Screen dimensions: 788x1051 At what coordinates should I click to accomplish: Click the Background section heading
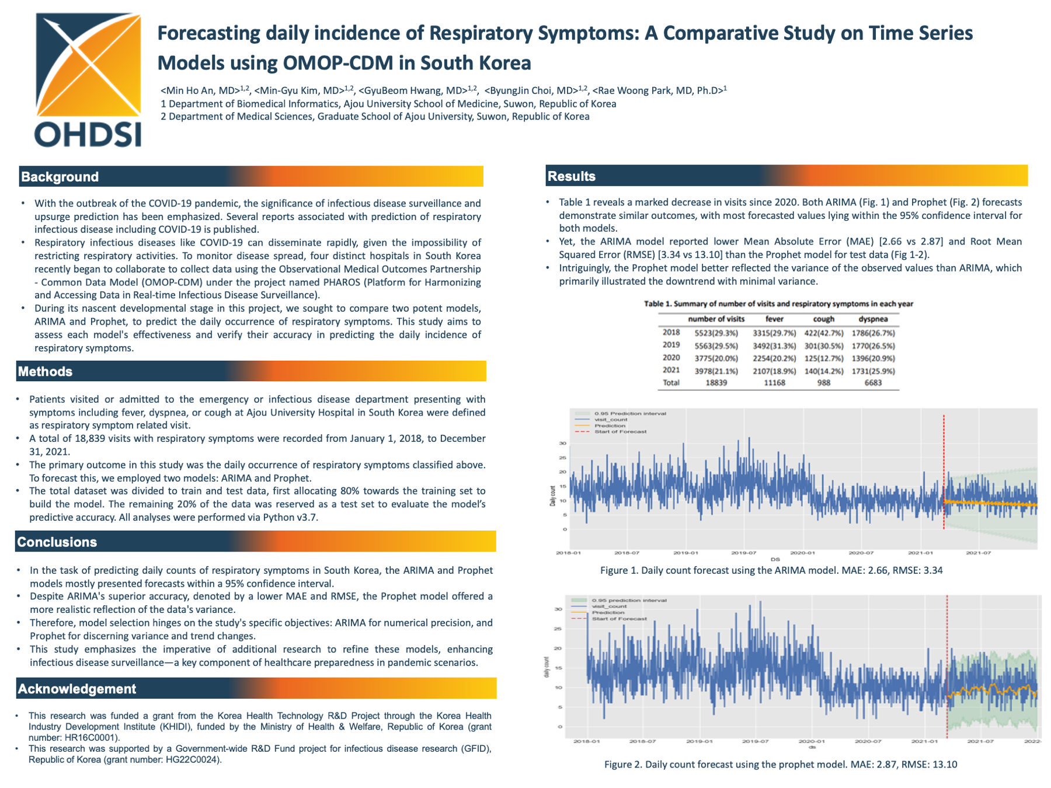[60, 177]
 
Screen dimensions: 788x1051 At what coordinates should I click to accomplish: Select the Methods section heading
[45, 371]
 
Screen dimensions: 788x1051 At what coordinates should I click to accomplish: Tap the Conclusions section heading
[57, 542]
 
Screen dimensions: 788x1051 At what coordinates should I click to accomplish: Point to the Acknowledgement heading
[76, 689]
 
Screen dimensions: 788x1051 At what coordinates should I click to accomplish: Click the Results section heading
[572, 176]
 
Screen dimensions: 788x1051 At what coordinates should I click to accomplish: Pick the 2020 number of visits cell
[716, 358]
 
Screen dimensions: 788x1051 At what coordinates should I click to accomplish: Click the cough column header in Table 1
[823, 319]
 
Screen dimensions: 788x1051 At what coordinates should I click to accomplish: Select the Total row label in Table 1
[671, 383]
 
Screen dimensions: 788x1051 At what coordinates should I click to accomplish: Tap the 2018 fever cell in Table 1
[774, 333]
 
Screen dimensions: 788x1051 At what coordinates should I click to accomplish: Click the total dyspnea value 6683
[873, 383]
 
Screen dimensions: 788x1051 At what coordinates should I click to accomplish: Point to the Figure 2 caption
[780, 764]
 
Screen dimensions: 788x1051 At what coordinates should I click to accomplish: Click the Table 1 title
[778, 304]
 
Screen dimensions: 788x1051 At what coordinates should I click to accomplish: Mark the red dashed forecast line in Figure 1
[944, 473]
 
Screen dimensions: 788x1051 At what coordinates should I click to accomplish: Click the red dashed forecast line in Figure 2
[947, 665]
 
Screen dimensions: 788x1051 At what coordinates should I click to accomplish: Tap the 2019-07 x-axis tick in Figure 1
[744, 552]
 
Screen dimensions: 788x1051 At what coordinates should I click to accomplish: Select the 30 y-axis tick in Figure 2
[558, 609]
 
